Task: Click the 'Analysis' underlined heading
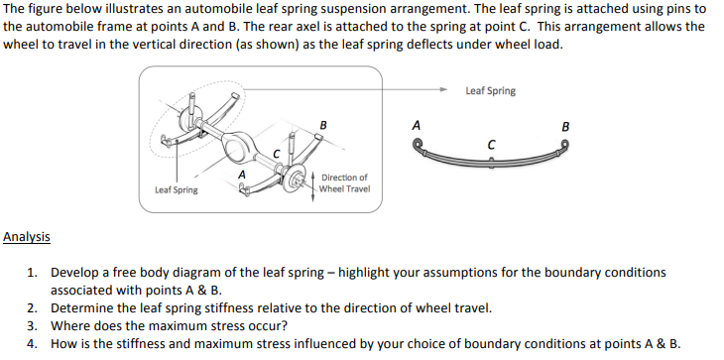pos(27,236)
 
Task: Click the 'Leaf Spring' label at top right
pos(490,91)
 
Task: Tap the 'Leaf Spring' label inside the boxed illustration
pos(176,189)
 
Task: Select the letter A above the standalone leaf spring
pos(416,126)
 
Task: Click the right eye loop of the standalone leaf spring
pos(565,145)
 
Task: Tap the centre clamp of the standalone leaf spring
pos(492,161)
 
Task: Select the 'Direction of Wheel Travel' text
pos(344,182)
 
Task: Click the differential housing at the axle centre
pos(237,149)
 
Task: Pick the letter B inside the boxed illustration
pos(323,124)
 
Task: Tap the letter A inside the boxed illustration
pos(241,175)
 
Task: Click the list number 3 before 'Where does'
pos(32,325)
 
